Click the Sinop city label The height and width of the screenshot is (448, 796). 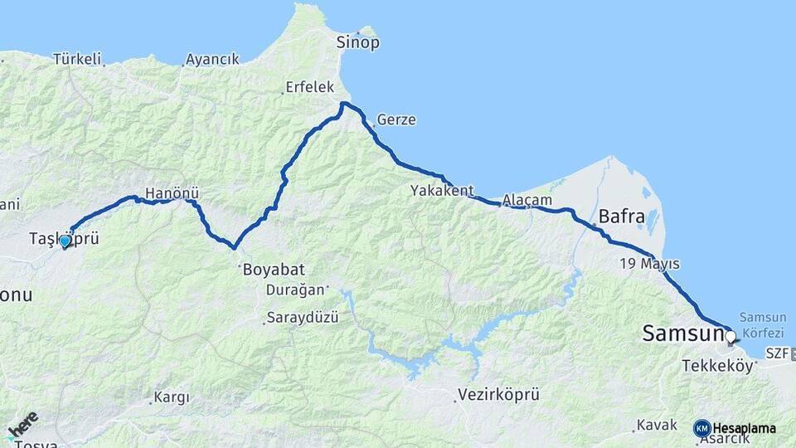click(357, 42)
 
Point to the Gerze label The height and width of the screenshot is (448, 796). click(396, 120)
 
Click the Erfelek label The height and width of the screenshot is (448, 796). click(309, 86)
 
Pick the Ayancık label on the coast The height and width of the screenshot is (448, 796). click(212, 59)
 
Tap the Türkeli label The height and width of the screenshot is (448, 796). click(77, 59)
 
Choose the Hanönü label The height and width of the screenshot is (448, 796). click(169, 193)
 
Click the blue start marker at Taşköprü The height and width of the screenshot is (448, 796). click(65, 241)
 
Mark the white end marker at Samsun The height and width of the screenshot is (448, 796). click(730, 337)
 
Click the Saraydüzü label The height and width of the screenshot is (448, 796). click(302, 318)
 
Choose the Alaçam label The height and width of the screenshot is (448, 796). click(527, 200)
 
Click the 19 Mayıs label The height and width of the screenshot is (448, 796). click(649, 264)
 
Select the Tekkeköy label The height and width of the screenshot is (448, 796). click(716, 365)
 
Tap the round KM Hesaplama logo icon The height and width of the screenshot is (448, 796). click(702, 428)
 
